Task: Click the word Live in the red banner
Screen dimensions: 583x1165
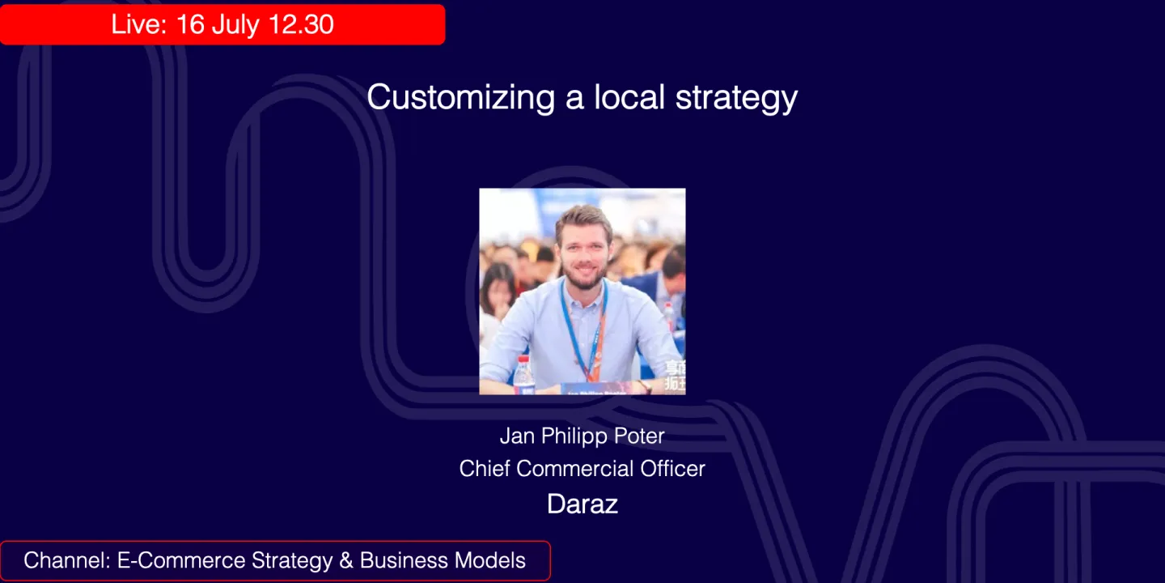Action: click(x=138, y=24)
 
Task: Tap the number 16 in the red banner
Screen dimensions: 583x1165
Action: click(x=190, y=24)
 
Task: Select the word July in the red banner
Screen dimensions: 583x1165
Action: click(x=235, y=24)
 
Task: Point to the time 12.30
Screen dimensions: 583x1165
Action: click(x=301, y=24)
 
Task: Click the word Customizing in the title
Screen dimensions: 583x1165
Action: click(x=460, y=98)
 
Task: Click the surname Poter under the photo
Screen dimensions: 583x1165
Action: click(x=639, y=436)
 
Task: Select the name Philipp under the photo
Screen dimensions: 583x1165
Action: click(x=574, y=436)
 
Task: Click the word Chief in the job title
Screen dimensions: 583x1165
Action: click(x=485, y=469)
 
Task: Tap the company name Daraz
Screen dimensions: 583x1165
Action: click(x=582, y=504)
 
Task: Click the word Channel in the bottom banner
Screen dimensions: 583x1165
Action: click(x=66, y=560)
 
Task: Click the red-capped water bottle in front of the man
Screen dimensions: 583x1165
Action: click(x=523, y=372)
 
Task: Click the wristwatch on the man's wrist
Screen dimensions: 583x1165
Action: click(x=644, y=385)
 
